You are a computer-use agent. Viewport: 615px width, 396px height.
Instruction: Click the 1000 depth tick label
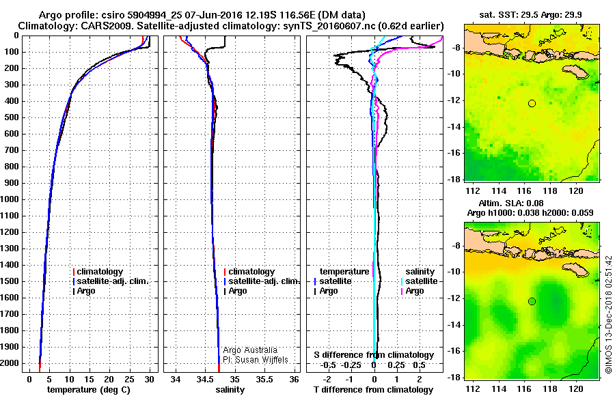point(10,199)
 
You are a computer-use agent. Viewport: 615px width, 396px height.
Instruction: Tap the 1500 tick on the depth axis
point(10,281)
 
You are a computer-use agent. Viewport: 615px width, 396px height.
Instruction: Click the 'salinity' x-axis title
point(230,389)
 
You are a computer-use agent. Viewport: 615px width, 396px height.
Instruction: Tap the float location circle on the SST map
point(532,103)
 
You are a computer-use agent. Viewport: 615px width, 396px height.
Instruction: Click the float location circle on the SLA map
point(532,301)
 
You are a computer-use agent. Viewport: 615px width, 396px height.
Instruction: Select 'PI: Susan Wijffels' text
point(256,359)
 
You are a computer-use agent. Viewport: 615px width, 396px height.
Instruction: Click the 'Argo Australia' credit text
point(250,350)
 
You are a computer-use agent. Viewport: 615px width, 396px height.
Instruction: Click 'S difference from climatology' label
point(374,355)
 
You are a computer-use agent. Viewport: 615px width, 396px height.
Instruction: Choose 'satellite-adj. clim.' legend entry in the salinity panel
point(262,281)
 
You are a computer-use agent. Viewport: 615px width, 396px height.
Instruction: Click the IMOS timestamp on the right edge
point(608,315)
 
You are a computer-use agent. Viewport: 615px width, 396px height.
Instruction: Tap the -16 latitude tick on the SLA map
point(454,351)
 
